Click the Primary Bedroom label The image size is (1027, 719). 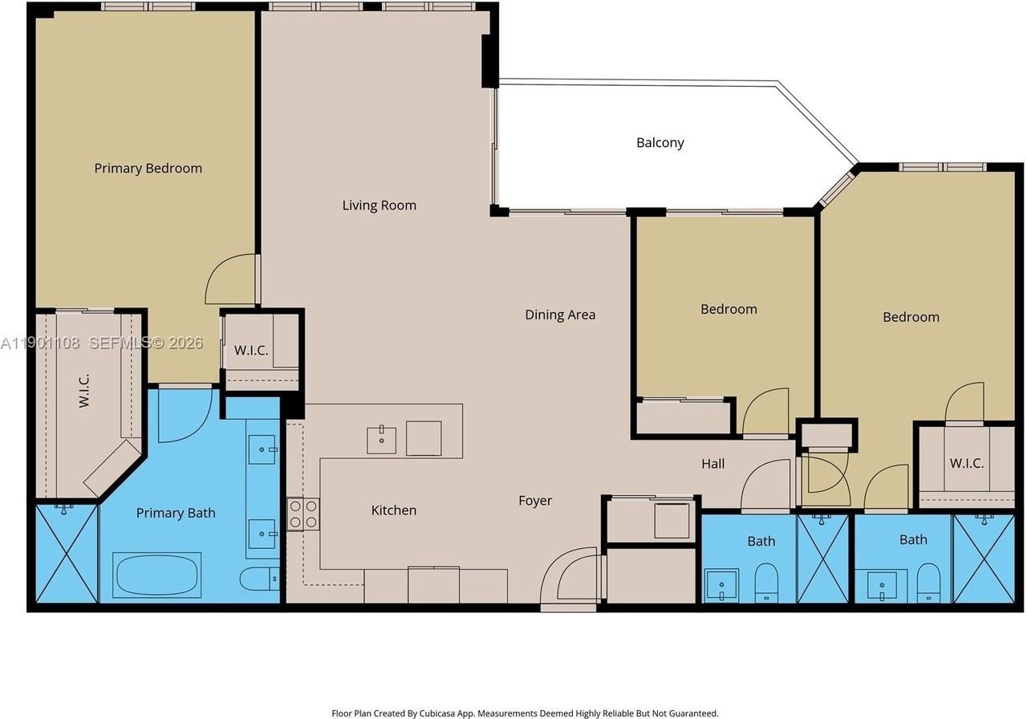(148, 169)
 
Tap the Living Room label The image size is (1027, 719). (380, 205)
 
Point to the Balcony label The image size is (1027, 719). (660, 143)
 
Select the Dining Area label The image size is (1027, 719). (560, 315)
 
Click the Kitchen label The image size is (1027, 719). (394, 510)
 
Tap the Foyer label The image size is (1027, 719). (535, 500)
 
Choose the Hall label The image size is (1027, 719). (713, 464)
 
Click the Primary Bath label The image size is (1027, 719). (176, 513)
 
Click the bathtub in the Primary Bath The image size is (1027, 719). (156, 575)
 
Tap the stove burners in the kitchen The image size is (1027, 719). (303, 514)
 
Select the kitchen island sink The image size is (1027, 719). (381, 440)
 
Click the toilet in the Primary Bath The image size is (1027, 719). (259, 579)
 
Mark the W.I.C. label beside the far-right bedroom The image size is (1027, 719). (967, 463)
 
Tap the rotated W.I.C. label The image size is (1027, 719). (83, 391)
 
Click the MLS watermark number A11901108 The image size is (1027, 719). (40, 343)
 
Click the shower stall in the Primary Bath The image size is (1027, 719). (67, 554)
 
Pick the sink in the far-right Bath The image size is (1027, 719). (882, 586)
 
